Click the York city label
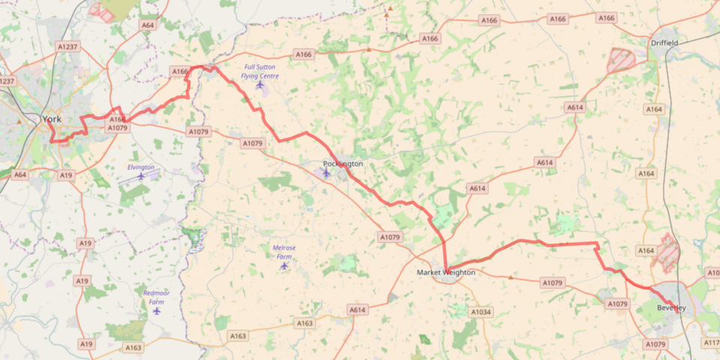(x=52, y=119)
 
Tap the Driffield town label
(x=664, y=43)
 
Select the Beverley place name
(x=671, y=308)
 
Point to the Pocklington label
(x=343, y=163)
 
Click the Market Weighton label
(x=446, y=272)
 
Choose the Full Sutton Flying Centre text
(x=259, y=71)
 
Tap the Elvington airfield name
(x=141, y=167)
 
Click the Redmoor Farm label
(x=157, y=297)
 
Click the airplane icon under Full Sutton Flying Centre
(x=260, y=85)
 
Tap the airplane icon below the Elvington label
(x=141, y=176)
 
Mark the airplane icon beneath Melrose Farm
(x=283, y=265)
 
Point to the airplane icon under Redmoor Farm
(x=157, y=310)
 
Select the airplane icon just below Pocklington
(x=326, y=173)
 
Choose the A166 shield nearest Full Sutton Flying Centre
(x=303, y=55)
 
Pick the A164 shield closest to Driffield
(x=654, y=109)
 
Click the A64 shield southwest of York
(x=20, y=175)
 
